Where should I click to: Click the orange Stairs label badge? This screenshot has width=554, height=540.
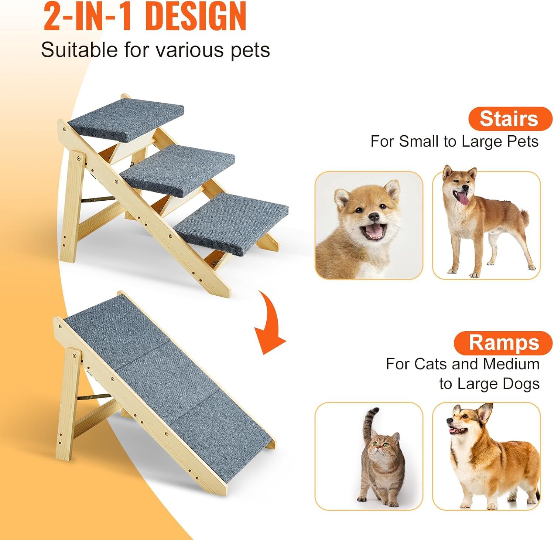point(510,119)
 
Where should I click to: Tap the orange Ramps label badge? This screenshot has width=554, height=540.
point(503,343)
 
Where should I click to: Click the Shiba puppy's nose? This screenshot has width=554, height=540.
point(374,216)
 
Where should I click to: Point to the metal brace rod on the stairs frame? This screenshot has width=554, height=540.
point(98,199)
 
